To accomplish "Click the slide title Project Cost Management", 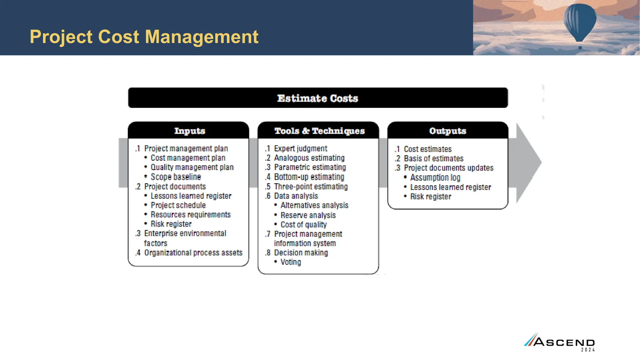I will point(144,37).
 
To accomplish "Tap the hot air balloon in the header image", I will point(580,22).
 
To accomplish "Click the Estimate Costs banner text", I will point(317,98).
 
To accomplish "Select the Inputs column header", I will point(189,131).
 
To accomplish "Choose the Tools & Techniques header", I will point(319,131).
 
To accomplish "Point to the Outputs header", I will point(447,131).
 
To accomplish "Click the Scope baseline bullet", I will point(176,177).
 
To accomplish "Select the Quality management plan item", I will point(192,167).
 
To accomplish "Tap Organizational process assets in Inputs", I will point(193,253).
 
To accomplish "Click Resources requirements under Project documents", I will point(191,215).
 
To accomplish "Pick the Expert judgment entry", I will point(301,149).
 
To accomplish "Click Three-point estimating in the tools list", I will point(311,187).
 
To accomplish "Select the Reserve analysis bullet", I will point(308,215).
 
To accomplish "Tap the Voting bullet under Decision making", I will point(291,262).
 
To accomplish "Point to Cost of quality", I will point(303,225).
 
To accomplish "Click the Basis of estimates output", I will point(433,159).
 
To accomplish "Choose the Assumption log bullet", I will point(435,178).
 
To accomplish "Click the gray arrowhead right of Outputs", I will point(528,162).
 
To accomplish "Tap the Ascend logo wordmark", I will point(564,342).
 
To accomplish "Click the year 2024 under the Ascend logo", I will point(588,350).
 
